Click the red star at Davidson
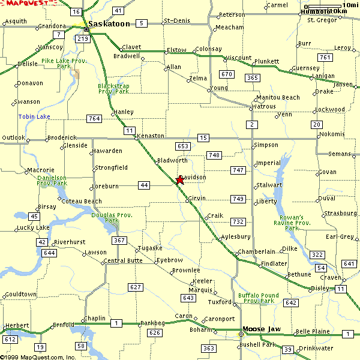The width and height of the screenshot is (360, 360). tap(179, 180)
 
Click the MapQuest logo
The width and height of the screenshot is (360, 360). tap(24, 4)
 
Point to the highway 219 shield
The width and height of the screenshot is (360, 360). tap(83, 39)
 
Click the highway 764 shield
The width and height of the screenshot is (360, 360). tap(93, 119)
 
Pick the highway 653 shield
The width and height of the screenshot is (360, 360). tap(183, 146)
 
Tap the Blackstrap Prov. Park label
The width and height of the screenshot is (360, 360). tap(113, 89)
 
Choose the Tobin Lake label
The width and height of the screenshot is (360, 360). tap(34, 116)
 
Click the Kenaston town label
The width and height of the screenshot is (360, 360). tap(151, 136)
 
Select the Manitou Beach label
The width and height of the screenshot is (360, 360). tap(277, 97)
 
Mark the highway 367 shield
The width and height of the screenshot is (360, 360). tap(119, 241)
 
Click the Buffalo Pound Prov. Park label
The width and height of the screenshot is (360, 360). tap(258, 298)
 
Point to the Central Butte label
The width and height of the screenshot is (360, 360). tap(123, 261)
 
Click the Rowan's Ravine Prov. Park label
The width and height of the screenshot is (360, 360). tap(292, 223)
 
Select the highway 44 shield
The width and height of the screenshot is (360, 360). tap(144, 185)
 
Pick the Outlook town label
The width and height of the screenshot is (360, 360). tap(14, 138)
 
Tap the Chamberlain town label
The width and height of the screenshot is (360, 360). tap(257, 251)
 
